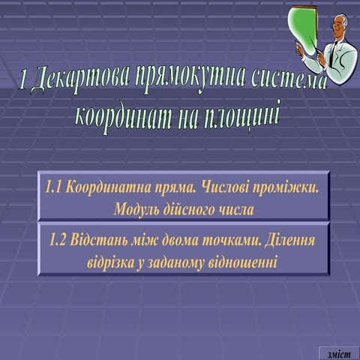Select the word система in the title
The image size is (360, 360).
tap(288, 81)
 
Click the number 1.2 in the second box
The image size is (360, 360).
tap(58, 241)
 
